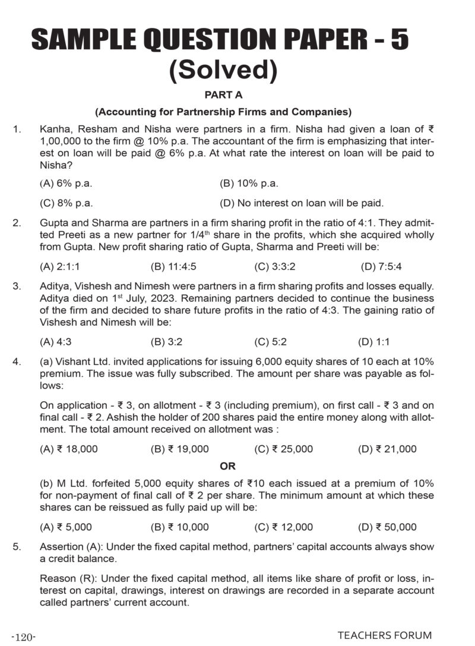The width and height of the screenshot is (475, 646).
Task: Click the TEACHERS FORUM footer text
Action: tap(385, 635)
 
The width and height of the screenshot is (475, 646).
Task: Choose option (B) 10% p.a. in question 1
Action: tap(249, 184)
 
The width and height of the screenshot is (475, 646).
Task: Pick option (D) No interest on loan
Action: tap(302, 203)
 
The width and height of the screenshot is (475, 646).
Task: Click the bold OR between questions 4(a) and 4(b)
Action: tap(228, 467)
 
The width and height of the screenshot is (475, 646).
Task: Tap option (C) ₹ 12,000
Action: tap(283, 527)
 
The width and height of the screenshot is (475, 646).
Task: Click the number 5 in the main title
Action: tap(398, 42)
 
